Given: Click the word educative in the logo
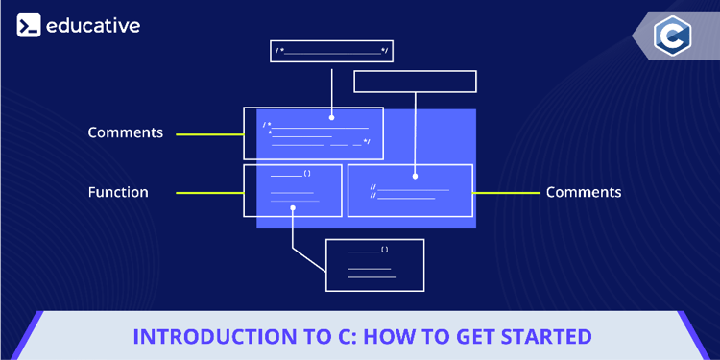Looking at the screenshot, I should (x=94, y=26).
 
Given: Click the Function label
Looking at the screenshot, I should (x=118, y=192).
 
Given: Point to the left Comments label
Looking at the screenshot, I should (x=125, y=132).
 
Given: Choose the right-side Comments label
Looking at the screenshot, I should (x=584, y=192).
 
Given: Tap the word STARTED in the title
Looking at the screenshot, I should (x=544, y=337).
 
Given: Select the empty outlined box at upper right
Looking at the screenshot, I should (x=415, y=82).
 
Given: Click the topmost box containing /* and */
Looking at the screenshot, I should (x=331, y=51).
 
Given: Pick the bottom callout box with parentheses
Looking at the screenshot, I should (x=374, y=264).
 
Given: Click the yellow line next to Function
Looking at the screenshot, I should (x=209, y=192).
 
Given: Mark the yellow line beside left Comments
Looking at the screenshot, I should (x=209, y=132).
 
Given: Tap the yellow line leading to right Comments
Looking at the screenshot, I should (x=506, y=192).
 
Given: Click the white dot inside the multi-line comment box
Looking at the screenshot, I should (x=331, y=118).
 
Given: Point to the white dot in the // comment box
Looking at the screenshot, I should (x=415, y=176).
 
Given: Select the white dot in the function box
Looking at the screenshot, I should (x=293, y=217).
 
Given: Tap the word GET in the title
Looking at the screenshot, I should (x=469, y=337).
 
